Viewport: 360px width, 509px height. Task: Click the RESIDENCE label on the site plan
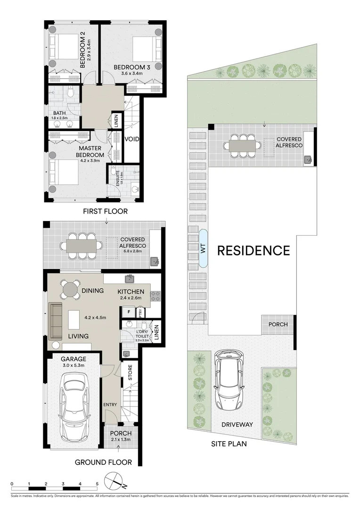[253, 250]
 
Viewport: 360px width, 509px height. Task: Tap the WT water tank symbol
[204, 249]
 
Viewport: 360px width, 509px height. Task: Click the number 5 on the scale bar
[97, 484]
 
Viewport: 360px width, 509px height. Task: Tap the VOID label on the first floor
[132, 139]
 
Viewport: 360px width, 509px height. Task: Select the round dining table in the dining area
[70, 288]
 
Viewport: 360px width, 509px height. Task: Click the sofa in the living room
[56, 320]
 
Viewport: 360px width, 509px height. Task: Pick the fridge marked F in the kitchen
[127, 312]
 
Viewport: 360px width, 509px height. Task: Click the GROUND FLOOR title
[103, 462]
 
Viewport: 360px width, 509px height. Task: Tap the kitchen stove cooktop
[156, 296]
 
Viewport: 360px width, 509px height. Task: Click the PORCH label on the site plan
[278, 325]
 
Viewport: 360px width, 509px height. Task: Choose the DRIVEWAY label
[237, 425]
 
